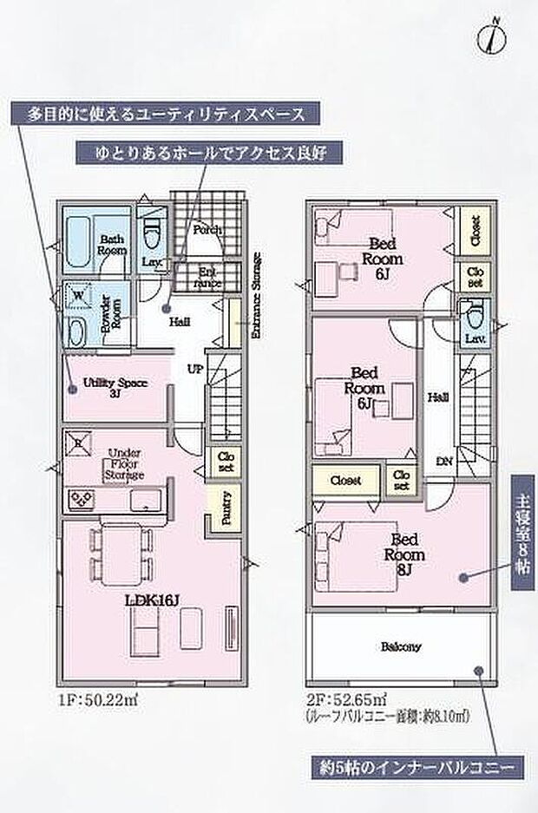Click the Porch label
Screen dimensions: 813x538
(207, 230)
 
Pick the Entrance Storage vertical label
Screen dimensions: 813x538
(256, 296)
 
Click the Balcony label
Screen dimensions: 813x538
(399, 646)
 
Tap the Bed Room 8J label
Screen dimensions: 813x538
(404, 554)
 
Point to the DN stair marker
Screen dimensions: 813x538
(443, 462)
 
